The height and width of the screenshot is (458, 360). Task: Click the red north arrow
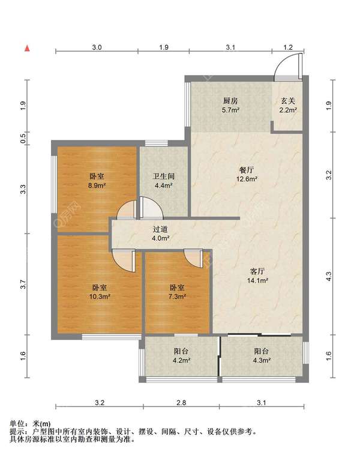tap(27, 48)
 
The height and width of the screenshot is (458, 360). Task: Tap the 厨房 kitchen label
tap(230, 101)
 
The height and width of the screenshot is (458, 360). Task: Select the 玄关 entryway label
tap(288, 101)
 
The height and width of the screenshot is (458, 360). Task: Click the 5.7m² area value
tap(230, 110)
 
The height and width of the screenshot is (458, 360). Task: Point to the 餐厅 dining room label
tap(247, 170)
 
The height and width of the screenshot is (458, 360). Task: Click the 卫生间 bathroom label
tap(164, 176)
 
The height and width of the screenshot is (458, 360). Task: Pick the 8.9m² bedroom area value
tap(97, 185)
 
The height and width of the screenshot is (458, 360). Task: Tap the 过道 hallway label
tap(161, 229)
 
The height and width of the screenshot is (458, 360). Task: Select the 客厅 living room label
tap(257, 271)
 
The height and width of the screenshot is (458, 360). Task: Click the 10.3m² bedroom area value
tap(100, 297)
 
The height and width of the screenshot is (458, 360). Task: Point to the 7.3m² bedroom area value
tap(177, 297)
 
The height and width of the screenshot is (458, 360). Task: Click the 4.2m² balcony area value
tap(181, 360)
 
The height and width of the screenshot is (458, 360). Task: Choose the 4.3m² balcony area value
tap(262, 360)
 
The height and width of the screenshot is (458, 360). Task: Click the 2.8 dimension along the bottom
tap(181, 403)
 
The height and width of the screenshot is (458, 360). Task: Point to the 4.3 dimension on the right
tap(329, 276)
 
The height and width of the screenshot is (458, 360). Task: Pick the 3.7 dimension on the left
tap(23, 284)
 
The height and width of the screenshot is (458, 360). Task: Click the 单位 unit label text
tap(17, 424)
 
